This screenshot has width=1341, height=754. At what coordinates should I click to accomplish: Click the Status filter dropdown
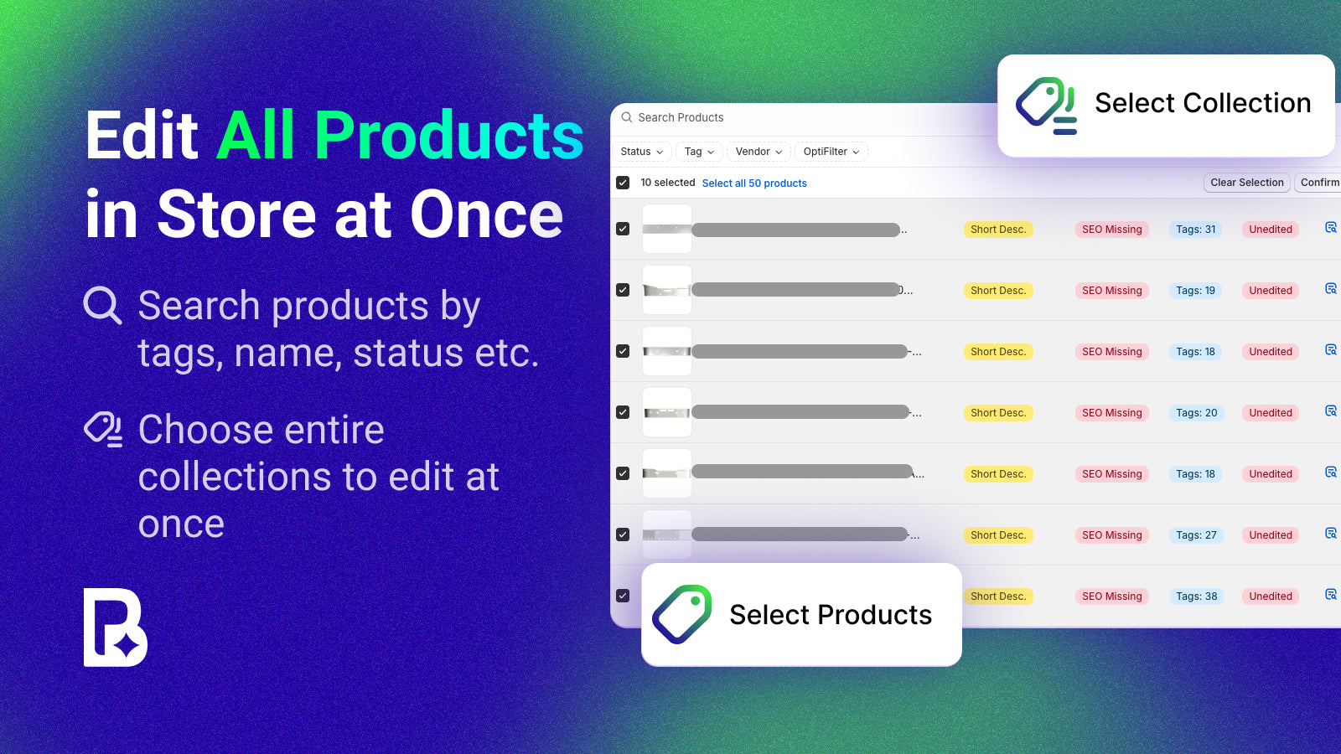641,152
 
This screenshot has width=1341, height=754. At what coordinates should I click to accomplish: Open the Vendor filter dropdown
758,152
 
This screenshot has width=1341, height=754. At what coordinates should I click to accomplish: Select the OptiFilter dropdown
831,152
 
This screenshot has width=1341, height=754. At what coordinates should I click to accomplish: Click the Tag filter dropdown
699,152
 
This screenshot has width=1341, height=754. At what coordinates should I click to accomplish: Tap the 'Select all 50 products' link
754,183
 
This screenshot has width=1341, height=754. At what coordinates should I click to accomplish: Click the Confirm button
1319,183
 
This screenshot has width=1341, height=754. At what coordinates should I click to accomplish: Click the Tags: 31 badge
1195,230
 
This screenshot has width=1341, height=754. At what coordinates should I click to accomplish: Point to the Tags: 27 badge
1196,535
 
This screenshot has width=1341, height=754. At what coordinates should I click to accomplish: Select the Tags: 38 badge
1196,596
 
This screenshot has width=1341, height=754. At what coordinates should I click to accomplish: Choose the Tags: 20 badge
1196,413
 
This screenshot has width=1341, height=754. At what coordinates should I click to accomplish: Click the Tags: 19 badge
1195,291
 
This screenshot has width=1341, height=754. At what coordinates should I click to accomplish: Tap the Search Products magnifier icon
626,118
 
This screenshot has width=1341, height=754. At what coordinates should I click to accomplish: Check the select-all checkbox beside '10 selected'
623,183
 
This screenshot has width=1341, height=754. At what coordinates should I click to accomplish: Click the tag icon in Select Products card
682,614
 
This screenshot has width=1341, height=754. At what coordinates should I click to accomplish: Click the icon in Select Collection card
1046,106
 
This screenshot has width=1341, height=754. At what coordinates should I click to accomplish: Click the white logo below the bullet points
115,627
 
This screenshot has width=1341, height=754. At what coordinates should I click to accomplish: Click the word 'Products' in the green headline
448,136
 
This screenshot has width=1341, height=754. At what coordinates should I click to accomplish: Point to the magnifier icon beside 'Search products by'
103,306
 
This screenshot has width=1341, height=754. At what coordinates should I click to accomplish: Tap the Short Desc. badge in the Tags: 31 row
997,230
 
